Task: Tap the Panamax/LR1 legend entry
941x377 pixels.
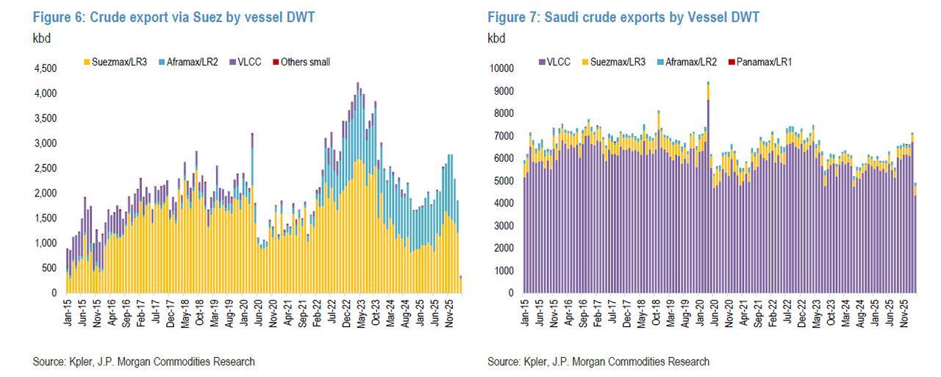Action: tap(759, 62)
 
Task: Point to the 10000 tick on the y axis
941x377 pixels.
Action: tap(503, 68)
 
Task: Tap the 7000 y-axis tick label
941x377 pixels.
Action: tap(505, 136)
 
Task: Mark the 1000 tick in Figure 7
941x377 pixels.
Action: tap(505, 270)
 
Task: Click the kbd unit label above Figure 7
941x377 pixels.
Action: tap(497, 37)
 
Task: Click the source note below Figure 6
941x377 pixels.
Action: tap(144, 362)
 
